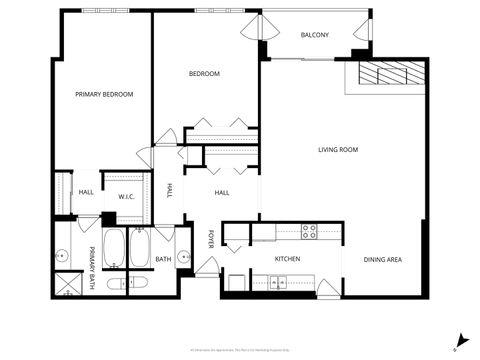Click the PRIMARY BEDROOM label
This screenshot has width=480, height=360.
[104, 94]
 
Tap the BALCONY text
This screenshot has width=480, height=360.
[314, 35]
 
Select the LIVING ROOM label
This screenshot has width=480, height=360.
[338, 150]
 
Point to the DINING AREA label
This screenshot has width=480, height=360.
[382, 260]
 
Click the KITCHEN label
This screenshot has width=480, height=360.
[287, 259]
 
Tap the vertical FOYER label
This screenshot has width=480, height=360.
[211, 239]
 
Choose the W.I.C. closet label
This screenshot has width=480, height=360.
[126, 195]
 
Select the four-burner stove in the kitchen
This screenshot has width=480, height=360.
[309, 231]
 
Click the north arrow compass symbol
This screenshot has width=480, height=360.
[460, 340]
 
